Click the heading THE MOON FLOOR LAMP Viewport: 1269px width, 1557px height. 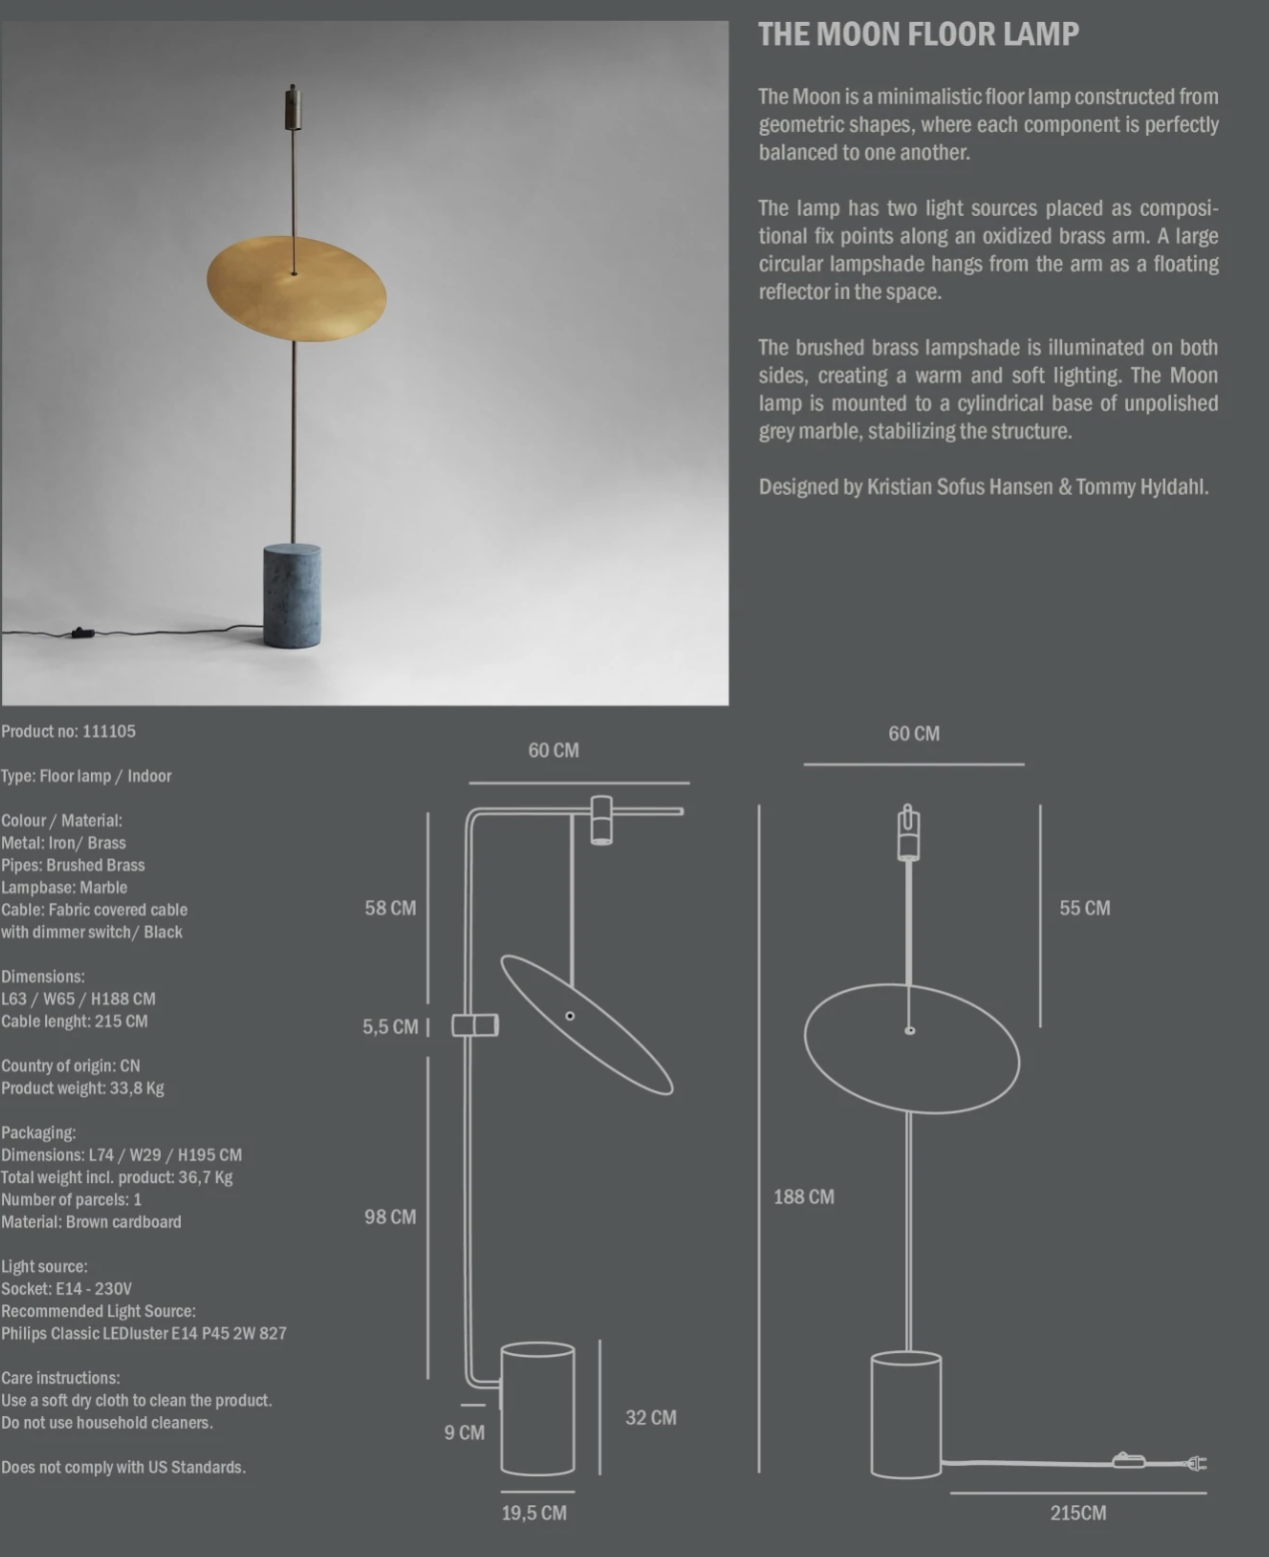point(917,34)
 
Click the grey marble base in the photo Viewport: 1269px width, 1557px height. point(292,596)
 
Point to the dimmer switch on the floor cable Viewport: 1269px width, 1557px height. point(79,632)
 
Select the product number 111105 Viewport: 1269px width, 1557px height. point(109,732)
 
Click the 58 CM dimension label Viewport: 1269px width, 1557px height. point(390,908)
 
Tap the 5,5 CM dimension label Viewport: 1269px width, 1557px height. point(390,1027)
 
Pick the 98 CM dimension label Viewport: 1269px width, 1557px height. point(390,1217)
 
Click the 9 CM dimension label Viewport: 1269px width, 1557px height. point(464,1433)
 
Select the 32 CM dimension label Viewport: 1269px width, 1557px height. point(650,1418)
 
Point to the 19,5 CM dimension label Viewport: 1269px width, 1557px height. point(534,1513)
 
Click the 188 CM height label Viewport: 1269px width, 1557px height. point(803,1197)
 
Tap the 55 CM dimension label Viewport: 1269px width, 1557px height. point(1084,908)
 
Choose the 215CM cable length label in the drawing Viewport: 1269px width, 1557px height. point(1077,1513)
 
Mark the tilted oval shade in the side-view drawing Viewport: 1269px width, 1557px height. point(587,1025)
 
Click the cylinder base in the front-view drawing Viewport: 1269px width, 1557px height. point(906,1413)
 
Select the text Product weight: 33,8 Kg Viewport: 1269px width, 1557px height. point(83,1088)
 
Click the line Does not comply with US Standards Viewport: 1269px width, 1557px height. point(123,1467)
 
